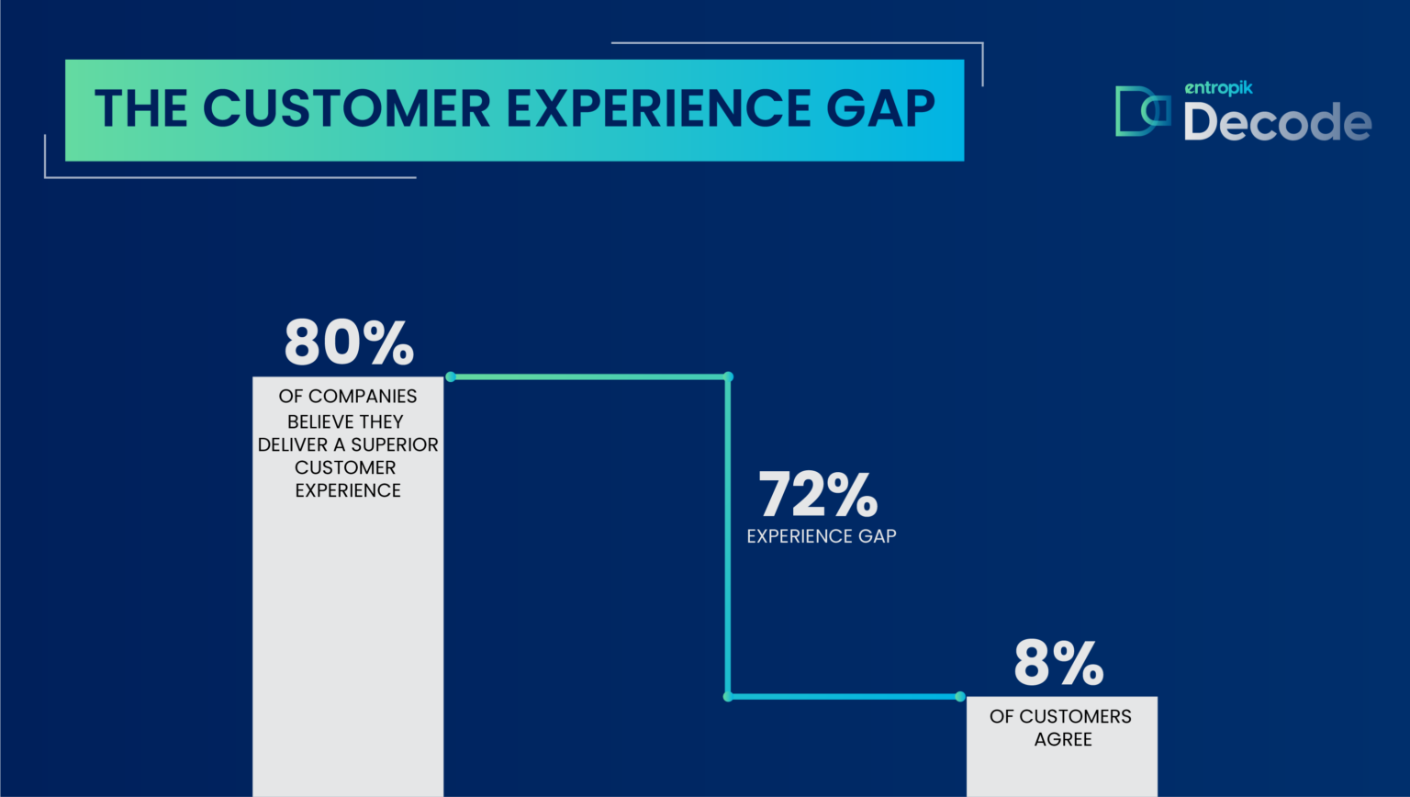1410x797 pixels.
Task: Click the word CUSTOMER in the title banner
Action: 347,108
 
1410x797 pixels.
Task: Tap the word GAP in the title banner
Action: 880,108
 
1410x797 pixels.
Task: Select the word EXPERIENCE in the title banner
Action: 658,108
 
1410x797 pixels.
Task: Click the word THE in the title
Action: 141,108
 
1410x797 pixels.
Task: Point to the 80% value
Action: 349,342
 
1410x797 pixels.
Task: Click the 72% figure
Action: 818,494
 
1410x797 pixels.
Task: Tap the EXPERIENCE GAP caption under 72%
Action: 822,536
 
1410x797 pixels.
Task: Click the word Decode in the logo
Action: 1277,121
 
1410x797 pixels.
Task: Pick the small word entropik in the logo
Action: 1219,88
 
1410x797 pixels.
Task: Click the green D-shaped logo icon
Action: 1143,111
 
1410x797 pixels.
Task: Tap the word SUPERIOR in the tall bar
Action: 395,444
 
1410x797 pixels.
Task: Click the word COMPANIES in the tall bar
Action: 363,396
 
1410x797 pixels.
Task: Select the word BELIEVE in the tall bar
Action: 320,421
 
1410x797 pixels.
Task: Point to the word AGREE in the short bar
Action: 1062,739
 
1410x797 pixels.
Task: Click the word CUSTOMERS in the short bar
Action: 1076,716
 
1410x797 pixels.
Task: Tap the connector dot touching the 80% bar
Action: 451,377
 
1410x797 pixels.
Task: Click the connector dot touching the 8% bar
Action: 960,697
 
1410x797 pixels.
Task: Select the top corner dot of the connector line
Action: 728,377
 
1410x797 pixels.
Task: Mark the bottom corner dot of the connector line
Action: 728,697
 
